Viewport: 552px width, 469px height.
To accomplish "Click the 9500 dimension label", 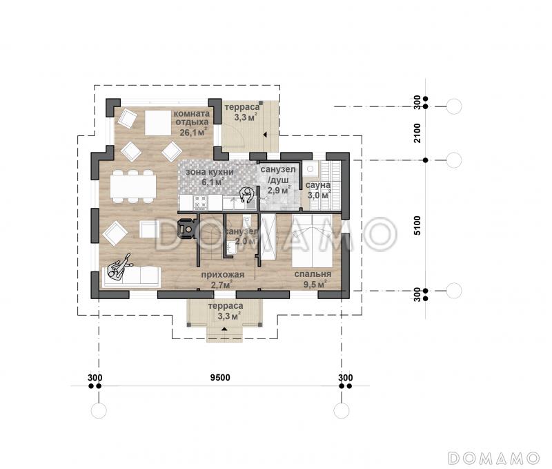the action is click(x=220, y=378).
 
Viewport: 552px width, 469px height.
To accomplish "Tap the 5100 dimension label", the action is click(x=417, y=225).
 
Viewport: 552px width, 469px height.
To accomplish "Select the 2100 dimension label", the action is click(x=417, y=133).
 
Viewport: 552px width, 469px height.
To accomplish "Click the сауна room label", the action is click(x=318, y=185).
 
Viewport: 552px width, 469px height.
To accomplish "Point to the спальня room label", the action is click(x=313, y=274).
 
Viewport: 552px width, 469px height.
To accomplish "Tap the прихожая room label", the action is click(x=222, y=274).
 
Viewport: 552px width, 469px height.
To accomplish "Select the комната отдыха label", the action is click(x=192, y=118).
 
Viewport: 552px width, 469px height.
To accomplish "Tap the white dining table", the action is click(x=133, y=186).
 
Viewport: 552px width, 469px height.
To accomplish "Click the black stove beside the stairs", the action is click(x=186, y=229).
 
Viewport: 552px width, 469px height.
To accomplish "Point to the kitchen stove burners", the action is click(x=201, y=202).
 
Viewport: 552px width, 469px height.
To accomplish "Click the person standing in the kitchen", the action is click(x=247, y=194).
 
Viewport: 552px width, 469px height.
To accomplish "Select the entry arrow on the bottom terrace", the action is click(x=224, y=329).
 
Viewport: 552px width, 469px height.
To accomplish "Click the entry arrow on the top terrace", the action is click(x=265, y=135).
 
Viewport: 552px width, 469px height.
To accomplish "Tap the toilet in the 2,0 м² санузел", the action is click(x=247, y=222).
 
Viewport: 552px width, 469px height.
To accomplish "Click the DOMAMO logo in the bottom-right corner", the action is click(x=494, y=458).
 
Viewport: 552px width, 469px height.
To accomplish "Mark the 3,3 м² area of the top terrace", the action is click(x=246, y=117).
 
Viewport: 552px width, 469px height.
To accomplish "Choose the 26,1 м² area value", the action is click(x=193, y=133).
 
